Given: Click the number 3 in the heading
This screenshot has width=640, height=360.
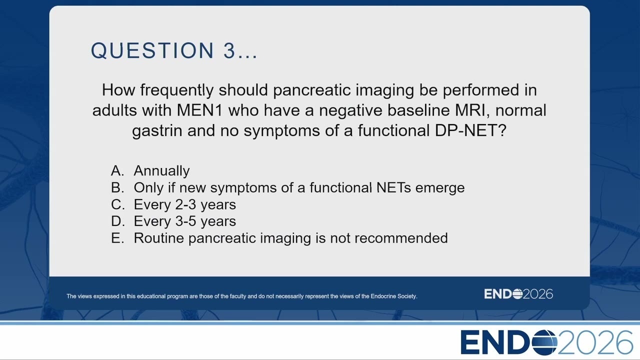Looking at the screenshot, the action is click(229, 50).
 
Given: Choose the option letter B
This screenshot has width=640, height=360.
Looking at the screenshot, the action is click(117, 187).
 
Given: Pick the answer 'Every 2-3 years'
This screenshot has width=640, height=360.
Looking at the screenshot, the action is click(185, 204).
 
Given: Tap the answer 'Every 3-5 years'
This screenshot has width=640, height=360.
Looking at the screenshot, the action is click(185, 221).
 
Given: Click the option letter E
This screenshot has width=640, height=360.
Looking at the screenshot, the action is click(117, 238).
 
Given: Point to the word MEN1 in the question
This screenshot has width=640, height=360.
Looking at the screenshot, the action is click(199, 110).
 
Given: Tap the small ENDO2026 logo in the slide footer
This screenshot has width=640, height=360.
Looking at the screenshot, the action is click(518, 294).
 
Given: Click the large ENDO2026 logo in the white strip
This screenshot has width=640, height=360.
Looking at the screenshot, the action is click(546, 342).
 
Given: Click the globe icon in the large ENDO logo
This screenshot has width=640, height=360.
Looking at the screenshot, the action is click(544, 342).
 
